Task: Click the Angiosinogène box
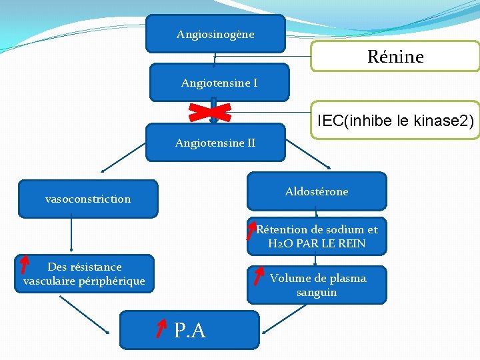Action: [x=215, y=34]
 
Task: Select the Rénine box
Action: [x=395, y=57]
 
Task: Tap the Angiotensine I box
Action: [x=219, y=83]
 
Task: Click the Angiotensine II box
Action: [x=215, y=143]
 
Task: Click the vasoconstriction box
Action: [x=88, y=199]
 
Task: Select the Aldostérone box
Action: [x=317, y=192]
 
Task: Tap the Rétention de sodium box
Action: [x=317, y=236]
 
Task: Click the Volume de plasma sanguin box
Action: [x=317, y=285]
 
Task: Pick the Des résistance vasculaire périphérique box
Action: [x=84, y=274]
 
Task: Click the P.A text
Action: [x=190, y=330]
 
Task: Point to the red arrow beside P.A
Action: [x=161, y=327]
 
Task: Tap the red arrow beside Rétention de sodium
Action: [x=251, y=231]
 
